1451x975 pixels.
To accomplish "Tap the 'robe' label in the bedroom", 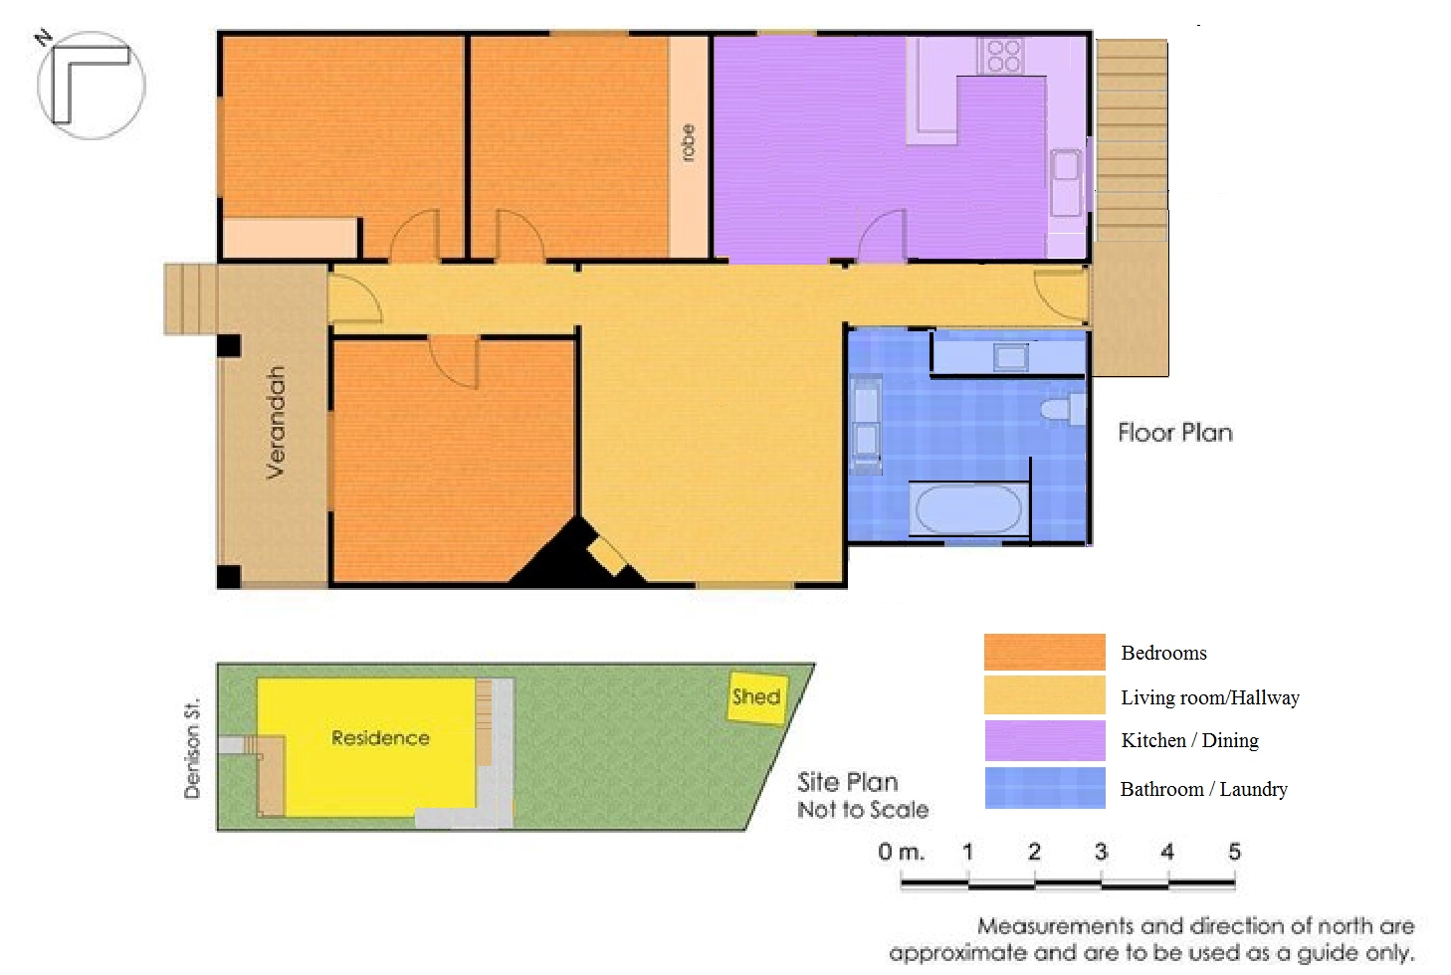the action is pos(688,142).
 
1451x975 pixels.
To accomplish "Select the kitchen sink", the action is pos(1066,183).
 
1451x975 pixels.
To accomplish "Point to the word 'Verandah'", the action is pos(276,422).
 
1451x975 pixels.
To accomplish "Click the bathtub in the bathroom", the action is pos(968,509).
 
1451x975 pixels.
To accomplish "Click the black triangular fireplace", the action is pos(570,557).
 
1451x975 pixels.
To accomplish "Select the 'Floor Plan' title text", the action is pos(1175,433).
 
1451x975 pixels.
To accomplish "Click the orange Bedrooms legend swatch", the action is pos(1044,652).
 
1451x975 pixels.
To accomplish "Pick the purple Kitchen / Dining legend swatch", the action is pos(1044,740).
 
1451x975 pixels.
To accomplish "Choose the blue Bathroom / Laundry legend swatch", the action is pos(1044,788).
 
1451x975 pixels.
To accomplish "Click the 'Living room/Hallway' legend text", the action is pos(1210,697).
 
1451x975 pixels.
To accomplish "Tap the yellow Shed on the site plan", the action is pos(757,697).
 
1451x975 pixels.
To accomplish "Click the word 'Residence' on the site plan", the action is pos(380,738).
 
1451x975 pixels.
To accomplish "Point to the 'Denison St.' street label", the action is pos(192,748).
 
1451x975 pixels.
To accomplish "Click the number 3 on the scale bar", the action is pos(1101,852).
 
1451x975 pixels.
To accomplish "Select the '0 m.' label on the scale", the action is pos(901,852).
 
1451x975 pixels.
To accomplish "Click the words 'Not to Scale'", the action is pos(863,810).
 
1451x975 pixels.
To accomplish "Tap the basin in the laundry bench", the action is pos(1011,357).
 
